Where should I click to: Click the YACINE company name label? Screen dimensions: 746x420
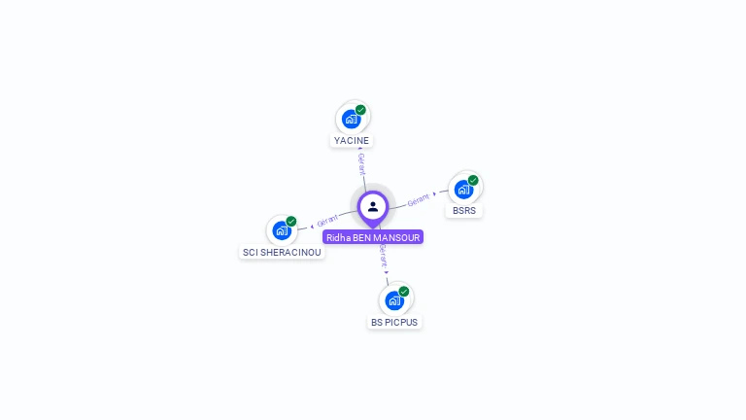pos(352,140)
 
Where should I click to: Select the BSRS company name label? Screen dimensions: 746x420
pos(465,210)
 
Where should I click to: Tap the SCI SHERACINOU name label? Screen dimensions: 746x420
pos(282,252)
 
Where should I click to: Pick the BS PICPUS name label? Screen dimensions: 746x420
pos(394,322)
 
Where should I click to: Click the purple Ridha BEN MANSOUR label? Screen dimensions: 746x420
pos(373,237)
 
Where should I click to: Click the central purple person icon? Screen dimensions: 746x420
pos(373,206)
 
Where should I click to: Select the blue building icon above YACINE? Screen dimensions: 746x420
pos(351,119)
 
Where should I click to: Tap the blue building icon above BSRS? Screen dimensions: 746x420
pos(463,190)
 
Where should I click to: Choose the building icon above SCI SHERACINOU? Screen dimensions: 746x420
pos(281,230)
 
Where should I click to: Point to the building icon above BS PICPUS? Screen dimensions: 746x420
pos(393,300)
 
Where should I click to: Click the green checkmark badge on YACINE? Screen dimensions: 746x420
pos(360,110)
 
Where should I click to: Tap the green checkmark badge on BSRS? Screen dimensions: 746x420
pos(473,180)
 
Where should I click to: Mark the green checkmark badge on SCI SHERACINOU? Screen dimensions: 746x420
pos(290,222)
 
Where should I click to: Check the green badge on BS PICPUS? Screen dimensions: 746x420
pos(403,292)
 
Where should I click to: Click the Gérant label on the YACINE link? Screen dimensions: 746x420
pos(361,163)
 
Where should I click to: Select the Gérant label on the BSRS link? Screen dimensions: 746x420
pos(418,198)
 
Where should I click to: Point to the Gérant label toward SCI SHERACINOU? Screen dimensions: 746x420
pos(327,220)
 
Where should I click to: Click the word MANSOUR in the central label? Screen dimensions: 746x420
pos(396,237)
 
